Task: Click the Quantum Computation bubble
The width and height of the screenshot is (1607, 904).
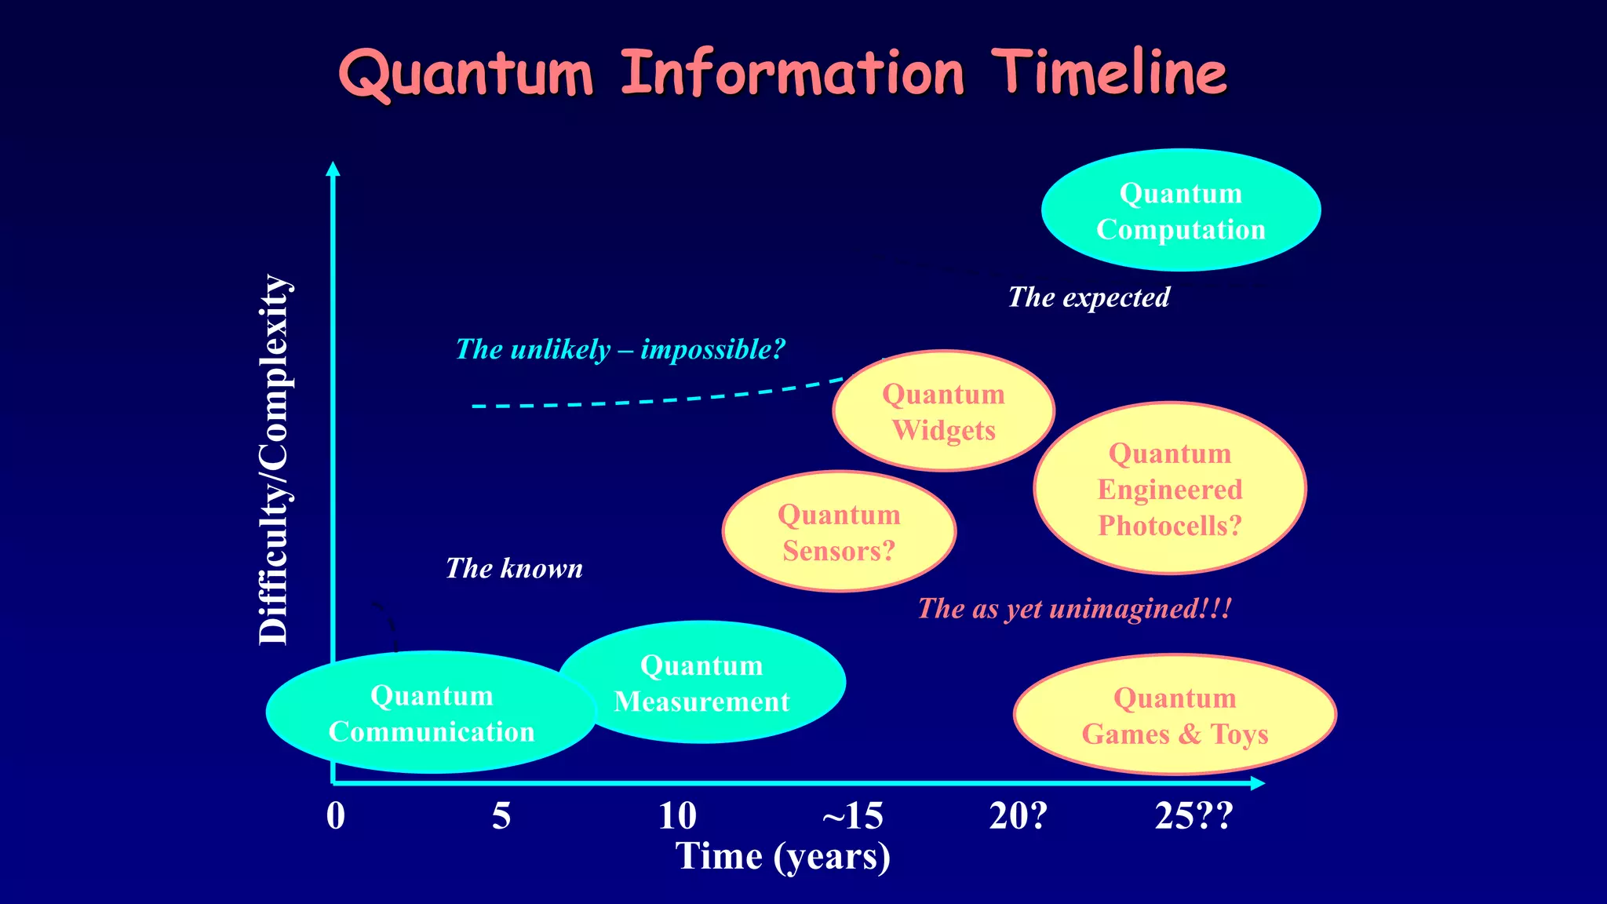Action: (x=1181, y=210)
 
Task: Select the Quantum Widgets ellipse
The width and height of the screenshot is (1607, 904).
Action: (x=944, y=411)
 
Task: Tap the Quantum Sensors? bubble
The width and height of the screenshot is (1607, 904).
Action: (x=839, y=532)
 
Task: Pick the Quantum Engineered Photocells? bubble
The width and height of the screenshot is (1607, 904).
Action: (x=1169, y=489)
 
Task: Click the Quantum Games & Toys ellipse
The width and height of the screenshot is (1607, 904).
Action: (x=1175, y=715)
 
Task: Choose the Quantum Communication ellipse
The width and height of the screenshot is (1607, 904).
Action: (x=431, y=713)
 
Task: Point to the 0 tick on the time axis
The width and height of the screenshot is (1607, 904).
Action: (x=336, y=816)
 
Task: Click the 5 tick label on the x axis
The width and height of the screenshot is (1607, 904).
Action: (x=501, y=816)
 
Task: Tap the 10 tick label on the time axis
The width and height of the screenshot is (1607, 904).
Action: (x=677, y=816)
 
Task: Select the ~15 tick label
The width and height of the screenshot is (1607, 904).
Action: (x=852, y=816)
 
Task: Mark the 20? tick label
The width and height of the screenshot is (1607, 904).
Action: (x=1018, y=816)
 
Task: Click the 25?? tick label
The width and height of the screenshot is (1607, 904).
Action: (x=1193, y=816)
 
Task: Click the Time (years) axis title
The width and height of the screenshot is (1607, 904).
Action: (x=783, y=856)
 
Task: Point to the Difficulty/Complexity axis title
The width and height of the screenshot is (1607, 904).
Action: (x=275, y=460)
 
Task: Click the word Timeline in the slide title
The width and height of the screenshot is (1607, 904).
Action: (x=1109, y=72)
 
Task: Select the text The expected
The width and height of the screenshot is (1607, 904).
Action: (x=1088, y=297)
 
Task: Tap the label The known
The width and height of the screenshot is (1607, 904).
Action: (x=514, y=568)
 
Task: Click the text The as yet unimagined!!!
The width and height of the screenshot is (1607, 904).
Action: (x=1074, y=608)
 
